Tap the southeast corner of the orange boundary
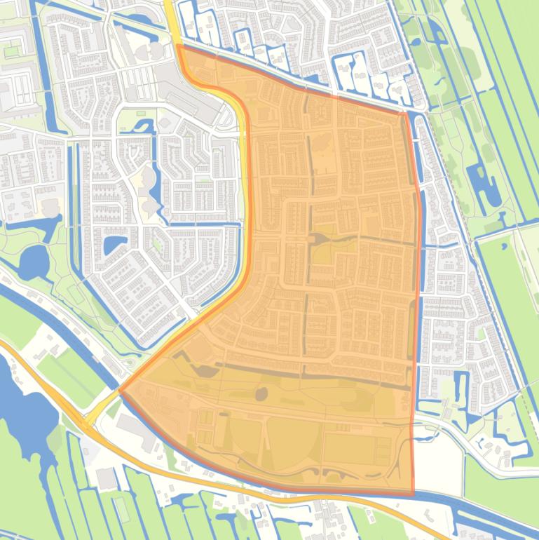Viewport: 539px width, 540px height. pyautogui.click(x=412, y=494)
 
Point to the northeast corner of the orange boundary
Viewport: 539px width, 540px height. pyautogui.click(x=407, y=112)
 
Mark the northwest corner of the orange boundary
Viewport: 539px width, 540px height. pyautogui.click(x=179, y=47)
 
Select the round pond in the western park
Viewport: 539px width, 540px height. pyautogui.click(x=31, y=264)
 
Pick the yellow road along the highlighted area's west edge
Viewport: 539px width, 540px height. pyautogui.click(x=246, y=210)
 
